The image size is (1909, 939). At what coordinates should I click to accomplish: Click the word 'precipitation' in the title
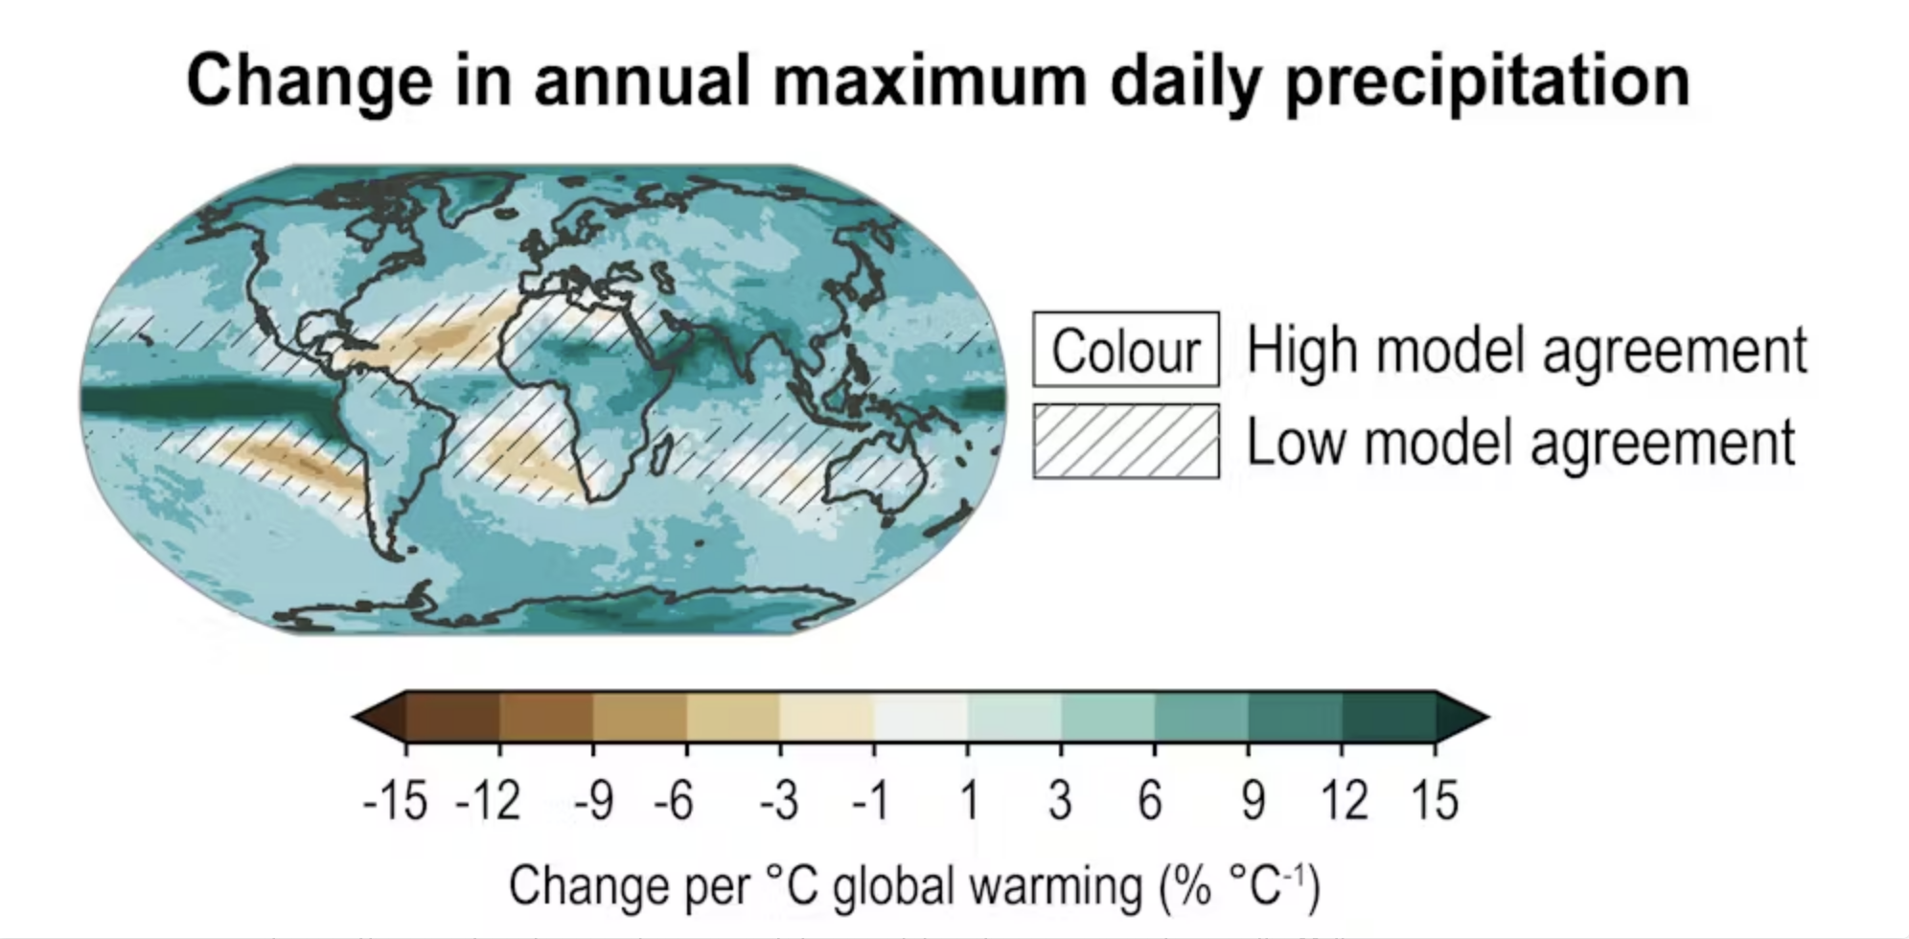click(x=1487, y=82)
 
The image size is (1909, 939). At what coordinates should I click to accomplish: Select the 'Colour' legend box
click(x=1125, y=350)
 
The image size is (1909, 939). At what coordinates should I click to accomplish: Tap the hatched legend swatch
click(x=1125, y=442)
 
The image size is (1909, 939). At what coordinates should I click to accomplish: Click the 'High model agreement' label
click(x=1526, y=350)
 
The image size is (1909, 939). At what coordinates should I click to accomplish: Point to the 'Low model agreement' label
click(x=1520, y=443)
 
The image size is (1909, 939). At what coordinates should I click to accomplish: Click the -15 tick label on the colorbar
click(x=395, y=801)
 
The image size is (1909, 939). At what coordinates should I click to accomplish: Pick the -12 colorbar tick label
click(x=489, y=801)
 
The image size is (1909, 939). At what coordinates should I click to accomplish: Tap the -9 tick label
click(x=593, y=801)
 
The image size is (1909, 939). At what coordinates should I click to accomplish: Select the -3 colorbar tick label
click(x=778, y=801)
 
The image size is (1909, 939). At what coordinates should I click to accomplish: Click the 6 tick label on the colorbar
click(x=1151, y=801)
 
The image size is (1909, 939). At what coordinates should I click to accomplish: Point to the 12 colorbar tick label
click(x=1345, y=801)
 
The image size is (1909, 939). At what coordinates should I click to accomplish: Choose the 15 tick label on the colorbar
click(x=1435, y=801)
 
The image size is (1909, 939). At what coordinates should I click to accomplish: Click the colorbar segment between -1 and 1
click(x=920, y=717)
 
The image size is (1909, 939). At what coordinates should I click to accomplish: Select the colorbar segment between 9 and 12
click(x=1295, y=717)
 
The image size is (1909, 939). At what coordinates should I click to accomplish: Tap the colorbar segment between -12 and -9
click(x=546, y=717)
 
